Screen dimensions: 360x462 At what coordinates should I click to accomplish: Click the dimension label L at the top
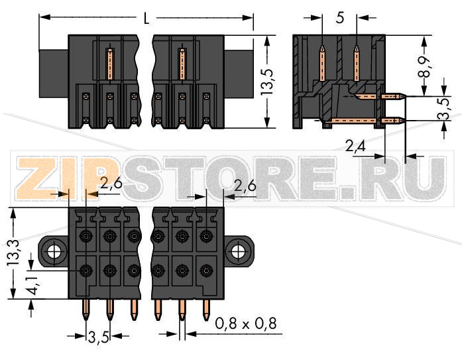click(146, 18)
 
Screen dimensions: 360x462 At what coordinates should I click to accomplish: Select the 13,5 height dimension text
click(268, 82)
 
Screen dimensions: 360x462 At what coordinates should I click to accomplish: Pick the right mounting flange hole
click(237, 252)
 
